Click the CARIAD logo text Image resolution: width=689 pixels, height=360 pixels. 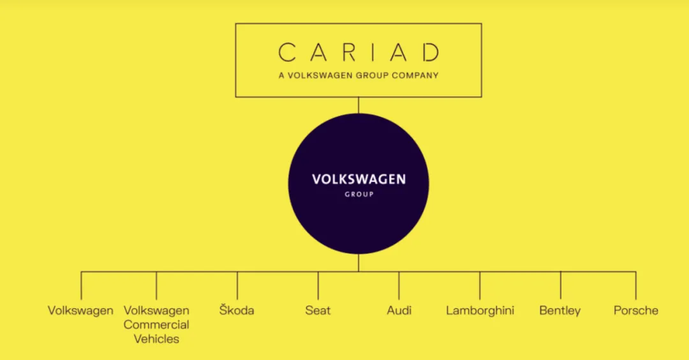click(x=359, y=52)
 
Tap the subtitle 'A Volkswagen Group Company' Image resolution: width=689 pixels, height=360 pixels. click(x=359, y=75)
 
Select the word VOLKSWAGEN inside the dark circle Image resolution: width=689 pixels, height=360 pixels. click(x=359, y=179)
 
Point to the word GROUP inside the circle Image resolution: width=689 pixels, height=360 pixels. click(x=359, y=194)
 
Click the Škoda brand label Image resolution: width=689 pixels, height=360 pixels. click(x=237, y=310)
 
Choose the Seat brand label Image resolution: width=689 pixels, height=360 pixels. click(x=318, y=310)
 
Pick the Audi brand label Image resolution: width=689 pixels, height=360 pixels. click(x=399, y=310)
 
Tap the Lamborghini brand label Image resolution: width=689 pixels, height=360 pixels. click(x=480, y=310)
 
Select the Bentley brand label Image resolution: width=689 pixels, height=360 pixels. click(x=560, y=311)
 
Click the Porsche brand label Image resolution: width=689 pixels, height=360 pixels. click(x=636, y=310)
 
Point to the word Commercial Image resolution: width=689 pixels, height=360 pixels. click(x=156, y=324)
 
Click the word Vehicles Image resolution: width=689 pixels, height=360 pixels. click(x=156, y=339)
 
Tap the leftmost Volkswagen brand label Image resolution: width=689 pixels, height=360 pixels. click(x=80, y=311)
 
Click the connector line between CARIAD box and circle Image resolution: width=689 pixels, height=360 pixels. click(x=359, y=105)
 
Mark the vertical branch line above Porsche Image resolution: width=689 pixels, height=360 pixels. click(x=636, y=286)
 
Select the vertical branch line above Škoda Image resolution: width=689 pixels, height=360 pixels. click(x=237, y=286)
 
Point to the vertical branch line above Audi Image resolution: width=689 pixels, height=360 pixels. click(x=399, y=286)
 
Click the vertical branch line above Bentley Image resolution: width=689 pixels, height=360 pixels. click(x=561, y=286)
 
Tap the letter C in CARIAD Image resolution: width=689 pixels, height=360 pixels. click(x=287, y=52)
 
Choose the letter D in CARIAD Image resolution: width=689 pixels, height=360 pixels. click(x=431, y=52)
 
